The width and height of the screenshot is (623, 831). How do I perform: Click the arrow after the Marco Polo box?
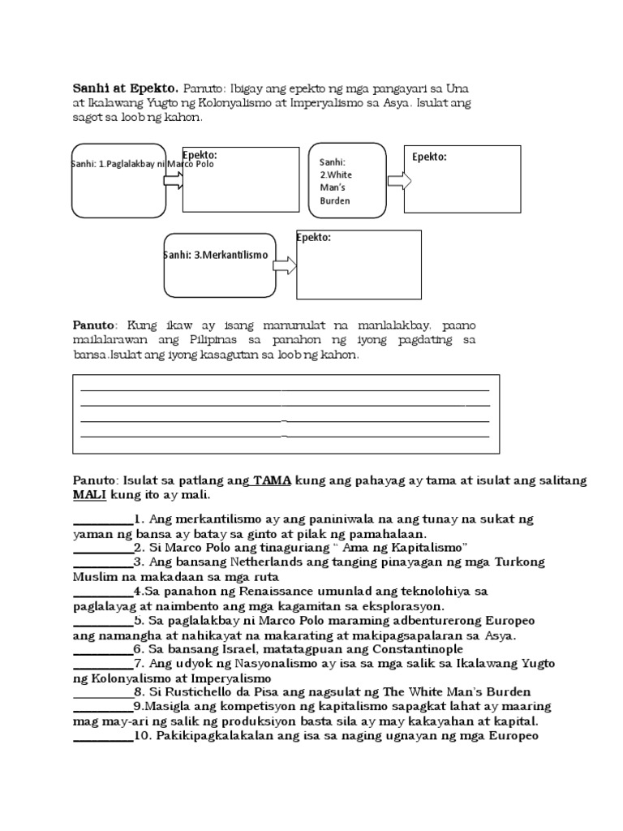coord(174,179)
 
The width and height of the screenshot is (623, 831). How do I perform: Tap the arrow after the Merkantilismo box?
coord(285,265)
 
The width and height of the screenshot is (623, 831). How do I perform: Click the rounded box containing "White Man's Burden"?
coord(347,180)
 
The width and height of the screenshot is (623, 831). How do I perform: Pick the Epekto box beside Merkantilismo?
coord(359,265)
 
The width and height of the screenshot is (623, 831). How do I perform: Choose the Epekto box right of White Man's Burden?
coord(462,179)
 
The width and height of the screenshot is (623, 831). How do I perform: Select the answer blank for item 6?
coord(103,649)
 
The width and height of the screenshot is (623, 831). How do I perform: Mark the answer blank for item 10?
coord(103,737)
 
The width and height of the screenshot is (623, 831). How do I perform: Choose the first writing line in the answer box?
coord(284,390)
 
